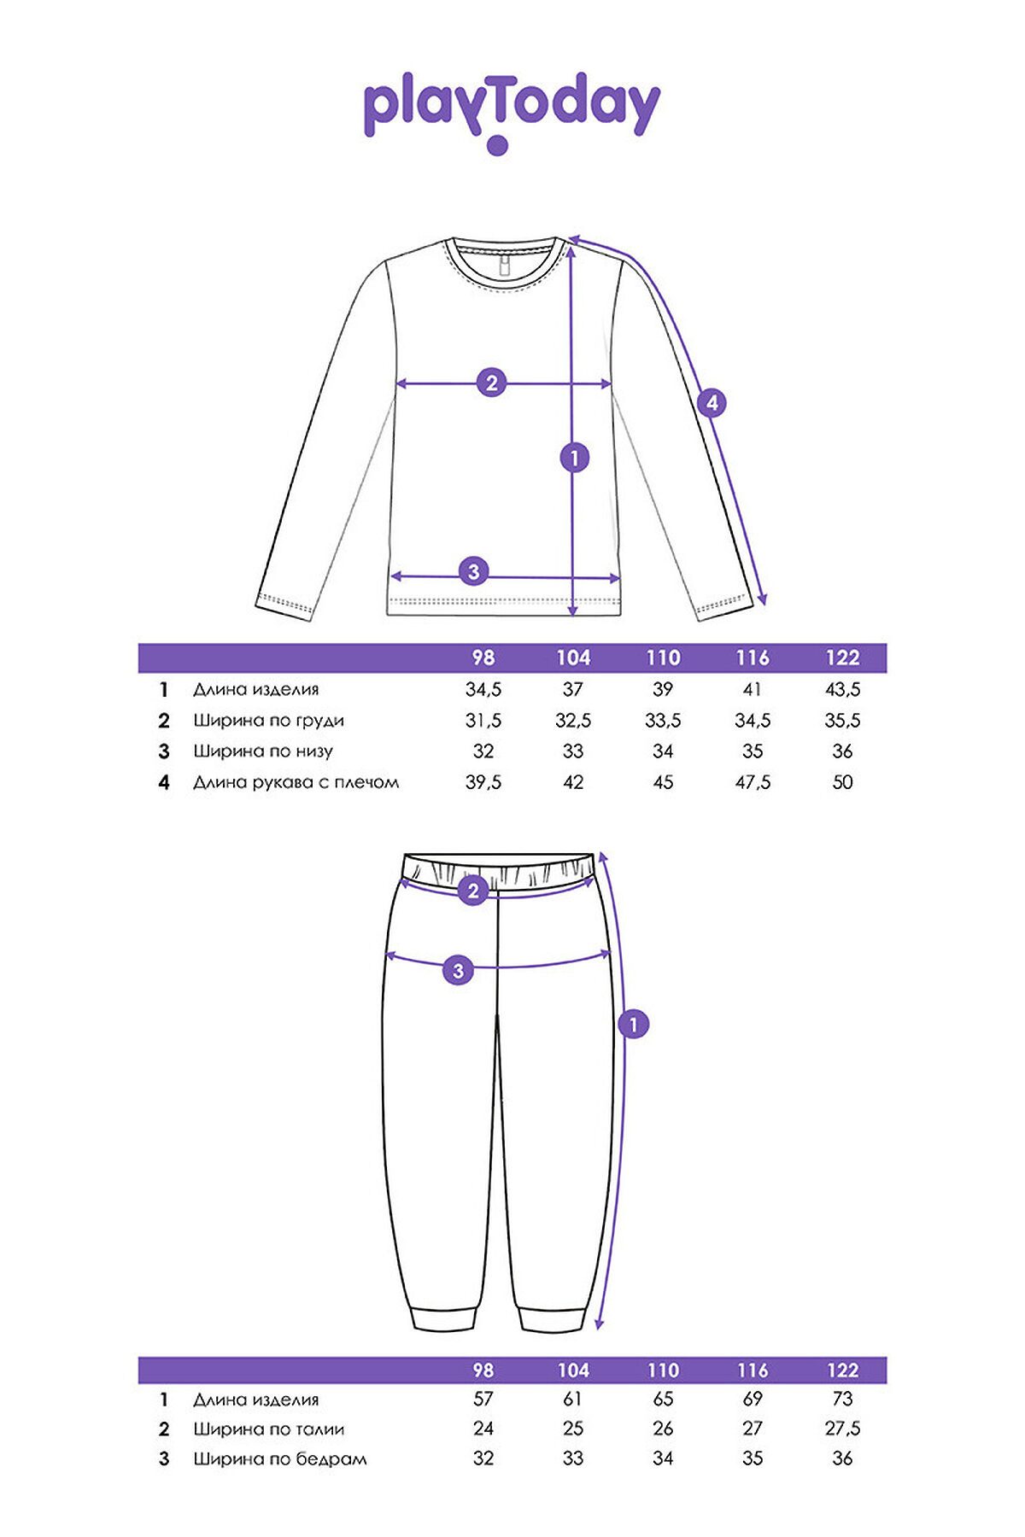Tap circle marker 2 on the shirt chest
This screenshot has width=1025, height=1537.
(x=491, y=383)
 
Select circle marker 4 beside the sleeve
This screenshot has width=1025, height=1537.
(x=712, y=402)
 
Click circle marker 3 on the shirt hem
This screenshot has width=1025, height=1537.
(x=474, y=571)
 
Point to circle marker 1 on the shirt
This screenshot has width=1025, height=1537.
(x=575, y=458)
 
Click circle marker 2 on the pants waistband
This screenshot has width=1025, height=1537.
(x=473, y=891)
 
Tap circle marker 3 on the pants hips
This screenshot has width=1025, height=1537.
(x=459, y=970)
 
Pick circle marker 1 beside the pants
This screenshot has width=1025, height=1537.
(x=633, y=1024)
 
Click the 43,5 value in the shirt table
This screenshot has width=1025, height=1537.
(x=842, y=689)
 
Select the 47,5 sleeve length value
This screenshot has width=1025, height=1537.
(x=753, y=782)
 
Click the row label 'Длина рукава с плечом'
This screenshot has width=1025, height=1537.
(x=296, y=782)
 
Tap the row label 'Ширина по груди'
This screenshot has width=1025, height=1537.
(x=268, y=720)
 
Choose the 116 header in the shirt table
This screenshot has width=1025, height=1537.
(x=753, y=657)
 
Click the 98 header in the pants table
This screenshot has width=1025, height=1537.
(x=483, y=1370)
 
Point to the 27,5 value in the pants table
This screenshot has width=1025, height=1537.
(x=842, y=1429)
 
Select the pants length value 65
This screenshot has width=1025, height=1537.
(x=663, y=1399)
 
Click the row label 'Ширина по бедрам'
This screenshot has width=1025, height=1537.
(x=279, y=1458)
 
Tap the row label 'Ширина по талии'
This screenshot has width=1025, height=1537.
(x=268, y=1429)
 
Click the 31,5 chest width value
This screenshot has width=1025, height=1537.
(x=483, y=720)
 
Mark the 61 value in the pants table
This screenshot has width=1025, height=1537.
(x=573, y=1399)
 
